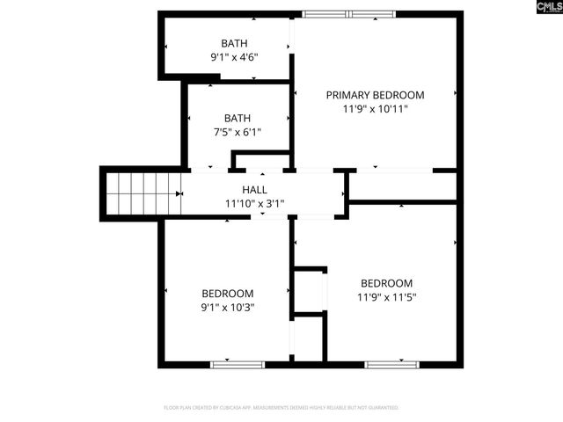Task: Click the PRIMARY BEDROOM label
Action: coord(375,95)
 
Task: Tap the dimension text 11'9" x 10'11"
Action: coord(375,109)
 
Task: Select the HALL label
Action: coord(254,190)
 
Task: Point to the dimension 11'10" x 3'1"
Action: coord(254,203)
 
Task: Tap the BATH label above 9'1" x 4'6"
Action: coord(234,43)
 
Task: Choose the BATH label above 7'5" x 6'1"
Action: coord(237,118)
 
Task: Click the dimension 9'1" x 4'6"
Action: coord(234,57)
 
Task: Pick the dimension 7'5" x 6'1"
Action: coord(237,132)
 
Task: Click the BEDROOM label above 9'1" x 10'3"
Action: coord(227,294)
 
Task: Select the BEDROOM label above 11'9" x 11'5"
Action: coord(386,283)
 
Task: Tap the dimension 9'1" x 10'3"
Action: coord(227,308)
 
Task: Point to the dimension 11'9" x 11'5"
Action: coord(386,297)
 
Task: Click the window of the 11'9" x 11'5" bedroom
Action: coord(391,363)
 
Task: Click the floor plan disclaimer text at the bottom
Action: coord(281,408)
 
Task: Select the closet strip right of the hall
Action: coord(404,186)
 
